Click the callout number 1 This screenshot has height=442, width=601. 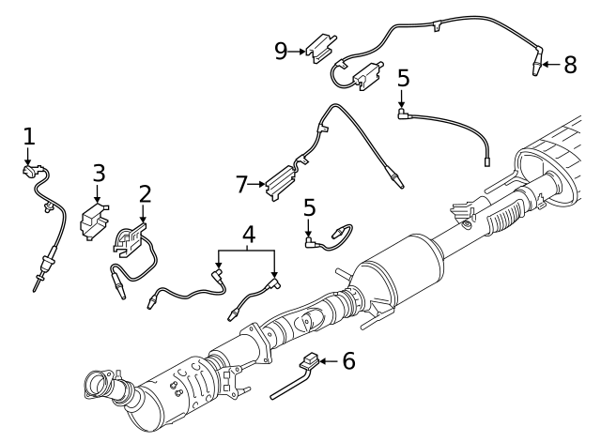pyautogui.click(x=28, y=136)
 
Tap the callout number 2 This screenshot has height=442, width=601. pyautogui.click(x=145, y=194)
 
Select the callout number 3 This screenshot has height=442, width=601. pyautogui.click(x=99, y=173)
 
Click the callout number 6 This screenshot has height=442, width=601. pyautogui.click(x=348, y=360)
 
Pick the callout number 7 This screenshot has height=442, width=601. pyautogui.click(x=241, y=184)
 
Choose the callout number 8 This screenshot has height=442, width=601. pyautogui.click(x=570, y=65)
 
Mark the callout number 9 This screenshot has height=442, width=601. pyautogui.click(x=281, y=50)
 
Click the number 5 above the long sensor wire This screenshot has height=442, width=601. pyautogui.click(x=403, y=78)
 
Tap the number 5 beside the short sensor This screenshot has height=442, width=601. pyautogui.click(x=309, y=207)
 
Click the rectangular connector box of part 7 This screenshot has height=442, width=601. pyautogui.click(x=279, y=179)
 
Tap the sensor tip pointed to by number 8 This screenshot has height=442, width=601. pyautogui.click(x=532, y=68)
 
